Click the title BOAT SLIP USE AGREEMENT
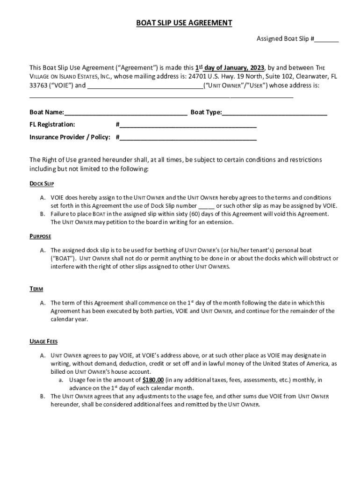pos(184,23)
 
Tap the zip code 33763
pos(38,86)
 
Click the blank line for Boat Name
pos(126,112)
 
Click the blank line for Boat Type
pos(274,112)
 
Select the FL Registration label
pos(52,124)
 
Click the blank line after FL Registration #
pos(187,125)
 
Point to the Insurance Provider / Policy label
pos(70,138)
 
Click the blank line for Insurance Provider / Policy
pos(187,138)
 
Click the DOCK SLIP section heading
pos(42,183)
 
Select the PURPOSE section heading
pos(40,237)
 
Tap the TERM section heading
pos(36,290)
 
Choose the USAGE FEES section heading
pos(43,342)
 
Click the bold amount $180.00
pos(153,380)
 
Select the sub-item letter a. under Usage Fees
pos(61,380)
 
